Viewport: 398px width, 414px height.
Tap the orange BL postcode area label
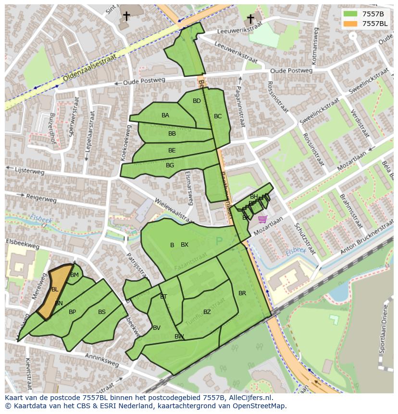[x=55, y=289]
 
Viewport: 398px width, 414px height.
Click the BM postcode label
[x=75, y=275]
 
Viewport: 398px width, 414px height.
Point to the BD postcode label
[x=197, y=101]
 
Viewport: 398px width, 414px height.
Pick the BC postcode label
[x=218, y=116]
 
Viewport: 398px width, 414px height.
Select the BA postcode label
[x=165, y=115]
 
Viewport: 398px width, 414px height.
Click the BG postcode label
[x=170, y=165]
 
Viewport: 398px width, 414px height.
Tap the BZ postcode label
[x=207, y=312]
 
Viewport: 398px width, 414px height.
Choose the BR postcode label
[x=242, y=293]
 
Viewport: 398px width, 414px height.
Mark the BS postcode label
[x=102, y=312]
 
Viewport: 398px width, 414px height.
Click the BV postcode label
[x=157, y=328]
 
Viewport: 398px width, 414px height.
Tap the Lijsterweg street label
[x=30, y=171]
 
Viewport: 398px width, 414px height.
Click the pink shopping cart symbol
[x=262, y=219]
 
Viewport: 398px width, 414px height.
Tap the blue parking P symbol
[x=220, y=241]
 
